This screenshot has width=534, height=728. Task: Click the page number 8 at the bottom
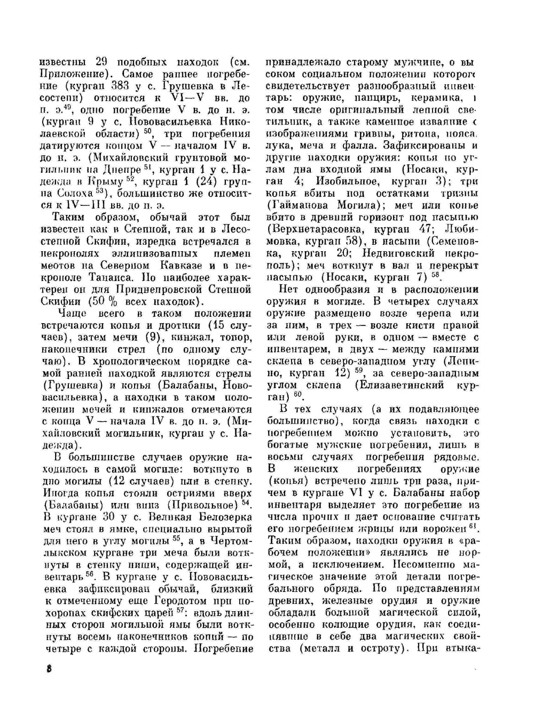click(x=49, y=670)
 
